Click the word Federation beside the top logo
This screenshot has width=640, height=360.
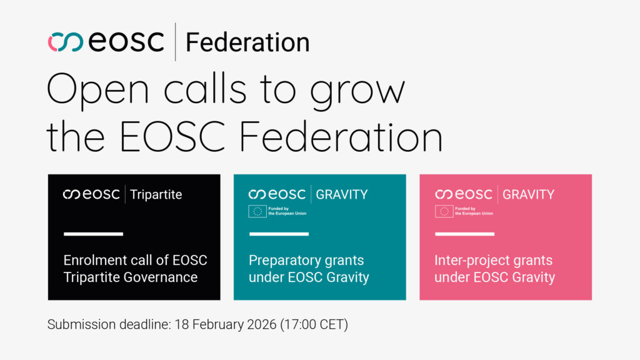tap(247, 42)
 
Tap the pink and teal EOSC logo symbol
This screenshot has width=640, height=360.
tap(65, 42)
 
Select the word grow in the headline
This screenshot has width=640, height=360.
tap(357, 91)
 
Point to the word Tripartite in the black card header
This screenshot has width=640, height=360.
tap(156, 195)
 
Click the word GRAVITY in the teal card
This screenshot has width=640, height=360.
tap(342, 195)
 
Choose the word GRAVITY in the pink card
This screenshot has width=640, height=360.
tap(528, 195)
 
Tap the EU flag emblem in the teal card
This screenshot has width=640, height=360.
tap(257, 211)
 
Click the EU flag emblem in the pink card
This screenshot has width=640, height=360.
tap(444, 211)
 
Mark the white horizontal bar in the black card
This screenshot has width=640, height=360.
tap(94, 234)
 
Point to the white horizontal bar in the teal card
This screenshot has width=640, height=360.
tap(279, 234)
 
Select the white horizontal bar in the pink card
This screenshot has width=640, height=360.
tap(464, 234)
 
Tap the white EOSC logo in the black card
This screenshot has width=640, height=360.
tap(91, 195)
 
